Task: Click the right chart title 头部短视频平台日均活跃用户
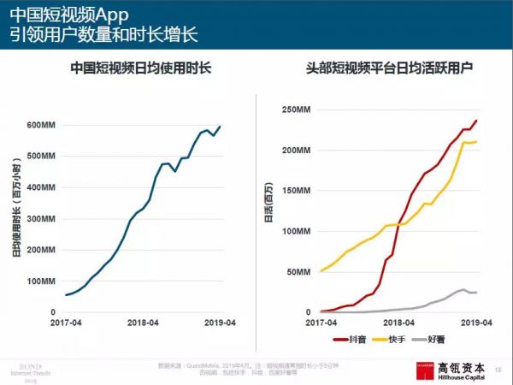click(389, 68)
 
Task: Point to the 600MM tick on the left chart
click(41, 126)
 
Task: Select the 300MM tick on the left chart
click(41, 219)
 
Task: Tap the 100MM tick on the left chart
click(41, 281)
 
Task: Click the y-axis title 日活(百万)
click(268, 210)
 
